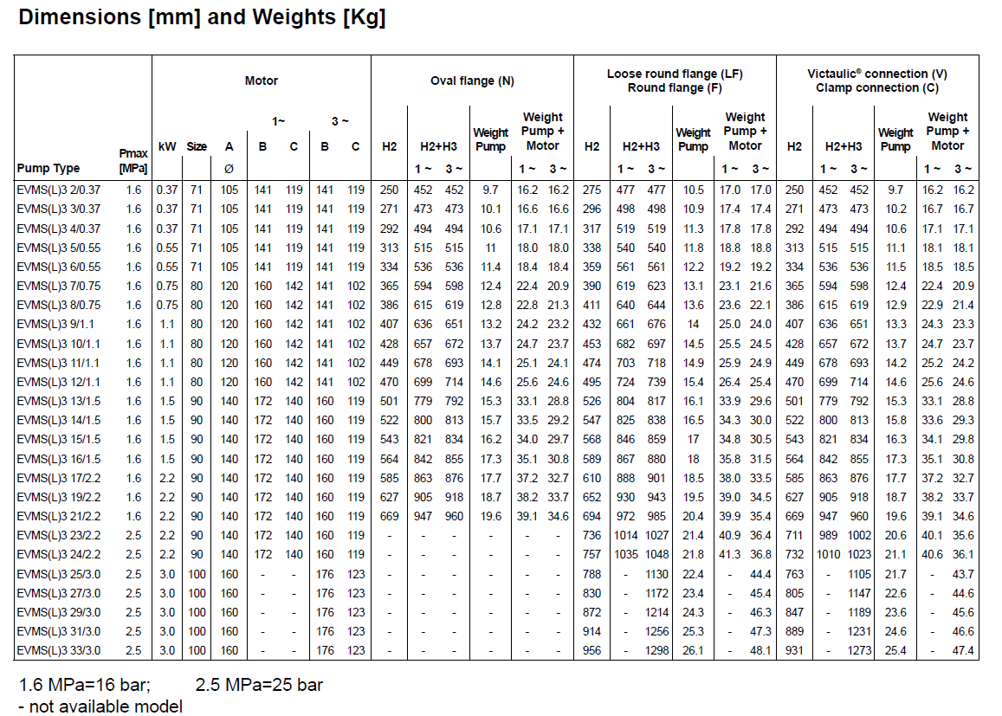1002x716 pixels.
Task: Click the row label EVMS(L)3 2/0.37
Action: pos(58,190)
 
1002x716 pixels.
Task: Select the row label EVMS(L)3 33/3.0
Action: pos(60,650)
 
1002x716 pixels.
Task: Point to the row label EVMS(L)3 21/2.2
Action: pos(60,516)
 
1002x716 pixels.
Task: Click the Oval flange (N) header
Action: pos(472,81)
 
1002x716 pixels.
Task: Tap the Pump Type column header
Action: pos(48,168)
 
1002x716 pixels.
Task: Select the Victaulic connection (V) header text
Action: pos(876,74)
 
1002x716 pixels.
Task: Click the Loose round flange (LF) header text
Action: pos(675,74)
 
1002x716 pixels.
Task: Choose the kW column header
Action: pos(167,146)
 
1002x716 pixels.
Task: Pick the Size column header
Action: pos(197,146)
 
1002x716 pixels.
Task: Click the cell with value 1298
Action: pos(656,650)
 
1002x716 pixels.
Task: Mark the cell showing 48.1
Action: pos(760,650)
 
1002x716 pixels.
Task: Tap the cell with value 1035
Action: pos(625,554)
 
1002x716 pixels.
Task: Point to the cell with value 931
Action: pos(794,650)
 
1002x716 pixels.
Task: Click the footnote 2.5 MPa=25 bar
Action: pos(259,685)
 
